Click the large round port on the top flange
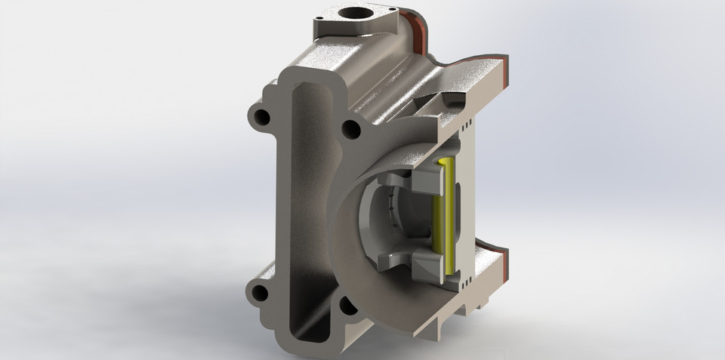(353, 14)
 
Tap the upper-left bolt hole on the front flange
(262, 117)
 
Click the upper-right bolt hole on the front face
(350, 129)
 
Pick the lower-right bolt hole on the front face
(347, 304)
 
